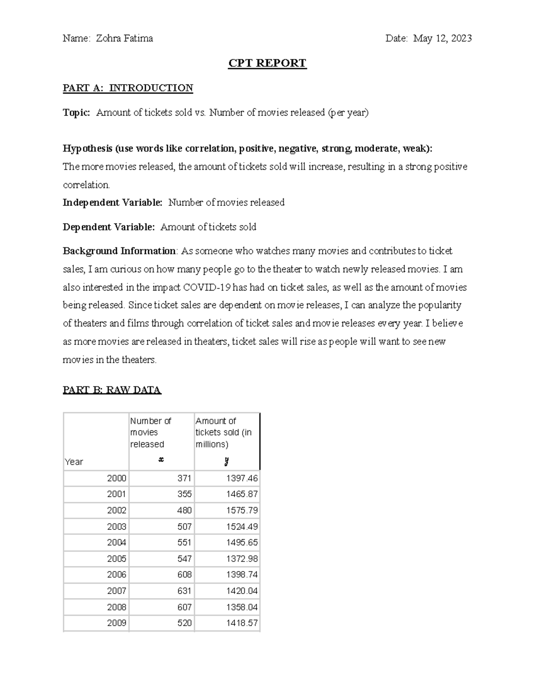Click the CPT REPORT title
(267, 63)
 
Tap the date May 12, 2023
(442, 39)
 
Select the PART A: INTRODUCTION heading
(128, 88)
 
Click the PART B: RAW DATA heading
(112, 390)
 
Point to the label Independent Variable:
(113, 203)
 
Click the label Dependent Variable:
(109, 227)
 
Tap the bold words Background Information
(119, 251)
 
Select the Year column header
(74, 462)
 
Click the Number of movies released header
(151, 432)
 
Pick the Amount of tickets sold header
(223, 432)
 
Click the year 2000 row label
(116, 479)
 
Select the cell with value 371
(184, 479)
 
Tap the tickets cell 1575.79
(242, 511)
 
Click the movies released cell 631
(184, 591)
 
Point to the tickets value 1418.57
(242, 623)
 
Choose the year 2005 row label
(116, 559)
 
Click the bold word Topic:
(76, 113)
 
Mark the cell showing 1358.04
(242, 607)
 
